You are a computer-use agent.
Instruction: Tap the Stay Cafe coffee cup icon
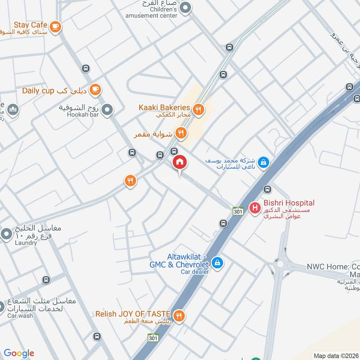click(55, 27)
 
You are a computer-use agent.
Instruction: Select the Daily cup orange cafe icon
click(94, 90)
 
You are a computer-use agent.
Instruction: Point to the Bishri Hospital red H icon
click(255, 208)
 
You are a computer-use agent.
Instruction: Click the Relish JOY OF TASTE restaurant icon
click(179, 315)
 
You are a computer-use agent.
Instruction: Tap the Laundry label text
click(26, 243)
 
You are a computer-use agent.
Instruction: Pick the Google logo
click(18, 353)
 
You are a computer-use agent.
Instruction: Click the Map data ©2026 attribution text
click(336, 355)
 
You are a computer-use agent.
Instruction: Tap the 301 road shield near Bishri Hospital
click(238, 211)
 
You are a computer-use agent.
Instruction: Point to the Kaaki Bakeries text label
click(164, 108)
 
